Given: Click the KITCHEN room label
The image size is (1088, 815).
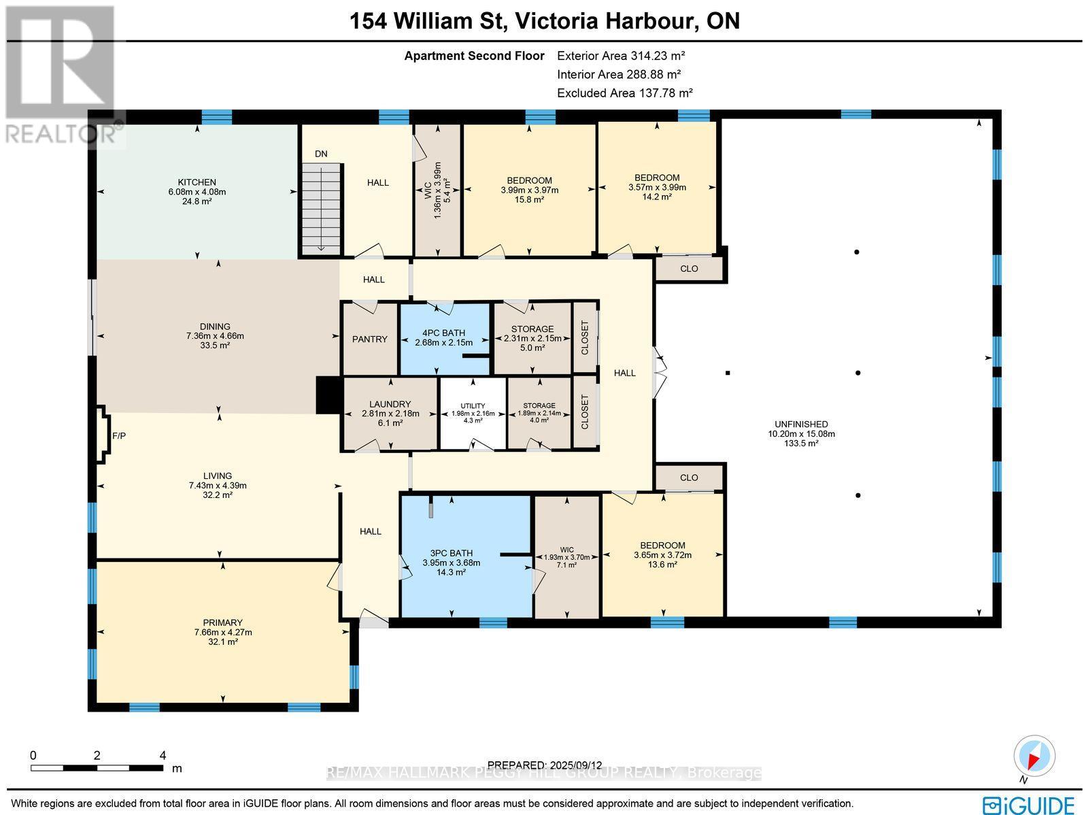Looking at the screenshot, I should [197, 182].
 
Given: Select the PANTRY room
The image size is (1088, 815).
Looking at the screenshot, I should [370, 339].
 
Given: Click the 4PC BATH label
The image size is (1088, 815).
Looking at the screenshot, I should [444, 333].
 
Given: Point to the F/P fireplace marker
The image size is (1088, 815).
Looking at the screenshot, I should [118, 435].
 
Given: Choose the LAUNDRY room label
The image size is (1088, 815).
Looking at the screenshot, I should [390, 404].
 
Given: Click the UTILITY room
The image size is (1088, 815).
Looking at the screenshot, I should [473, 413].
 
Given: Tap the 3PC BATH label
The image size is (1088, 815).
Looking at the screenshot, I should [452, 553].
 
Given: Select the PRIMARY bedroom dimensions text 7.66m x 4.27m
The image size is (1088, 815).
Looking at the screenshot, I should [223, 632].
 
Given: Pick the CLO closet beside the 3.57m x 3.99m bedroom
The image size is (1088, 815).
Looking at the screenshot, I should [689, 269].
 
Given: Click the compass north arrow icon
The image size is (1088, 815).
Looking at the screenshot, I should [1034, 756].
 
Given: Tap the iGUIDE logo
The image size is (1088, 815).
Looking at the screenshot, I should [1031, 804].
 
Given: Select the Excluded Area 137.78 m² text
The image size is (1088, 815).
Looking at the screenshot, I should [624, 93].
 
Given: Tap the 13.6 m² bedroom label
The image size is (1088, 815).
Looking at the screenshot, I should [662, 565].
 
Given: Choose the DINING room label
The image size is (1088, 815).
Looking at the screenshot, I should [215, 327].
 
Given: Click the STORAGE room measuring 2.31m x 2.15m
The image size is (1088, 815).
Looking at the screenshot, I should [532, 337].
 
